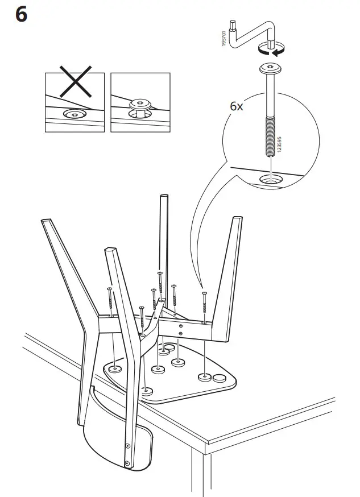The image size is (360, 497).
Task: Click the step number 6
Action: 20,15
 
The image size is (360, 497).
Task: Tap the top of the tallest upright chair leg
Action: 164,198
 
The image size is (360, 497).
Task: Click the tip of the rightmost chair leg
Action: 237,219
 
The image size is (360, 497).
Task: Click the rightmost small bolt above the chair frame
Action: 204,295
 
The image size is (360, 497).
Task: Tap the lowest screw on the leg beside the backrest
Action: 127,446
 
